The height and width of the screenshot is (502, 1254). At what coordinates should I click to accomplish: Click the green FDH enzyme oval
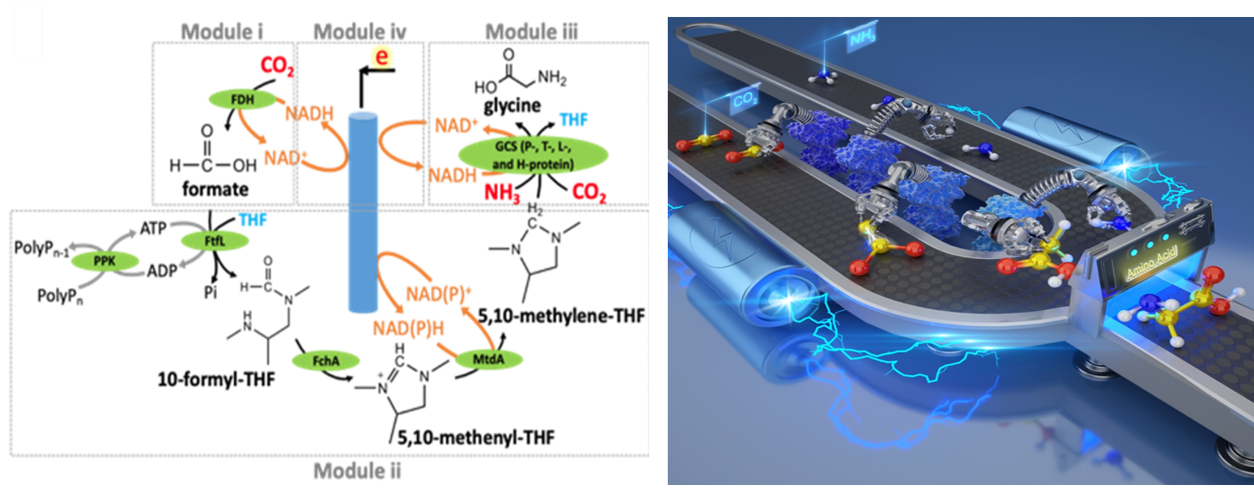tap(242, 99)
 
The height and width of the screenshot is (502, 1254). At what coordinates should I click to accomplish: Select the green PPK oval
tap(104, 259)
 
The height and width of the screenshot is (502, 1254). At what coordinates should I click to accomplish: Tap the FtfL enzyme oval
tap(215, 240)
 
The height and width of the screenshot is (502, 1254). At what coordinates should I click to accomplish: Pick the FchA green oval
tap(325, 361)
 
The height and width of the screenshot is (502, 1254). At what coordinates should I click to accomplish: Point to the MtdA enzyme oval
tap(489, 359)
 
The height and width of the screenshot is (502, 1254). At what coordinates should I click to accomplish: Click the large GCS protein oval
tap(533, 155)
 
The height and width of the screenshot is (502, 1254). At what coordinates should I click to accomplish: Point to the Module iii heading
tap(531, 31)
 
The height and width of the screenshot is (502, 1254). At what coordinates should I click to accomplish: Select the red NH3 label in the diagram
tap(502, 193)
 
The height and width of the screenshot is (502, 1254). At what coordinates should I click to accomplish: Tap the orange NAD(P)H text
tap(409, 327)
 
